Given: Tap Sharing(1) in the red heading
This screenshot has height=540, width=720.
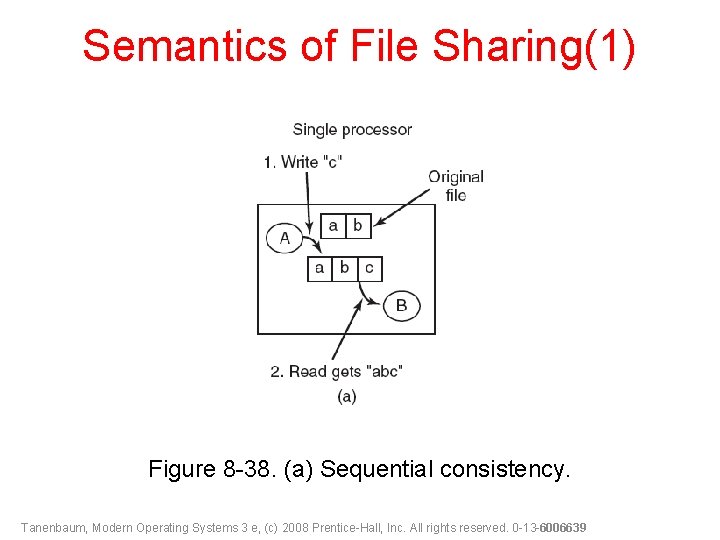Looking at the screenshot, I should point(534,47).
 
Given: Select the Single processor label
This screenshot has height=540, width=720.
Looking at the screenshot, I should point(352,129).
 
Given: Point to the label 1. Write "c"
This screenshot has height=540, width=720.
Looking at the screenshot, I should point(303,161).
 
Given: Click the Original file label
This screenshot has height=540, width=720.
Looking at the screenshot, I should point(456,185).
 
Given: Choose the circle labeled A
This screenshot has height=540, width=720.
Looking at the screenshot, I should point(285,238).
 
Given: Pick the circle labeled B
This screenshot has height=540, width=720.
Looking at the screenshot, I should point(401,305).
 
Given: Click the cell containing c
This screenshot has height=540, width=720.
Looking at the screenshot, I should point(369,268).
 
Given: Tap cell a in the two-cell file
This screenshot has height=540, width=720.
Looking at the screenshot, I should point(333,225).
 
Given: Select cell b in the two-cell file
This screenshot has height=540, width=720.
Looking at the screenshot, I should point(357,225).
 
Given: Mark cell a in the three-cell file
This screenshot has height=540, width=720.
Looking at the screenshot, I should point(319,268).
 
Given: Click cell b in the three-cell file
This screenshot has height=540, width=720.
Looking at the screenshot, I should point(344,268).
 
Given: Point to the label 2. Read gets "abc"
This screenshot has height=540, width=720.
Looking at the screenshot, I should point(336,371).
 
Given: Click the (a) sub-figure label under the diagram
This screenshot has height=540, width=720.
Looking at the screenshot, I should point(346,397).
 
